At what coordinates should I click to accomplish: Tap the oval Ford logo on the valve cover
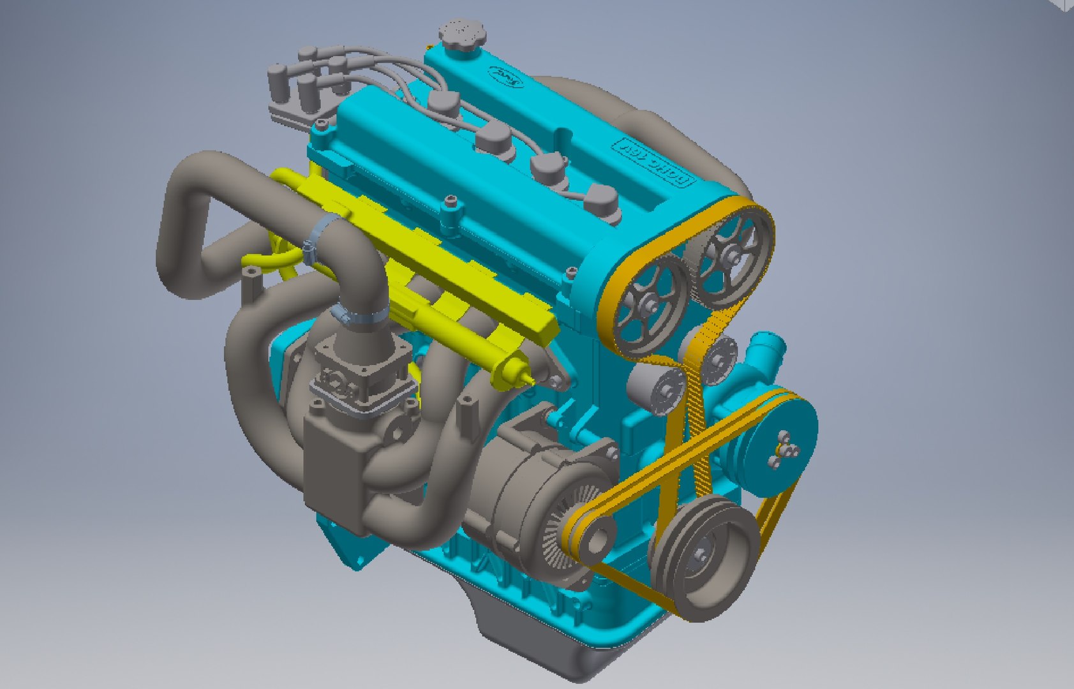(507, 77)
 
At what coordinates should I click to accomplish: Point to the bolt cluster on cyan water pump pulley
(786, 444)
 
